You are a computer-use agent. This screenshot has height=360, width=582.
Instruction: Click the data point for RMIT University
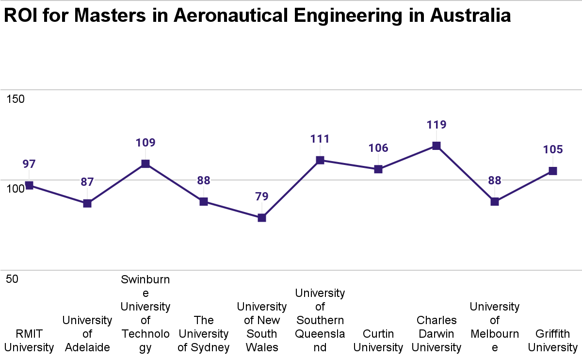[x=29, y=185]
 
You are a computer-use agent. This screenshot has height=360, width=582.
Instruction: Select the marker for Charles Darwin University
[x=436, y=146]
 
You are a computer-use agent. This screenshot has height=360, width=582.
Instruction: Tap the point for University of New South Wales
[x=262, y=218]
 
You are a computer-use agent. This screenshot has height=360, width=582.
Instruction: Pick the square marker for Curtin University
[x=378, y=169]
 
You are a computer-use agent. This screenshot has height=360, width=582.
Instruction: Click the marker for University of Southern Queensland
[x=320, y=160]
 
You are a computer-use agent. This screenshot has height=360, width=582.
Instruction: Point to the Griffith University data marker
[x=552, y=171]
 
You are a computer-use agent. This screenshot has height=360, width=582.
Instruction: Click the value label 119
[x=436, y=125]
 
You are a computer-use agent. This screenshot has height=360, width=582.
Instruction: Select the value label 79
[x=262, y=197]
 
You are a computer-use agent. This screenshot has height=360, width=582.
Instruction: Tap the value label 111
[x=320, y=139]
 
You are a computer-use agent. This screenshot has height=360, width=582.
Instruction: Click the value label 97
[x=29, y=164]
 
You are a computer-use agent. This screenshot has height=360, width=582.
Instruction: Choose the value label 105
[x=552, y=149]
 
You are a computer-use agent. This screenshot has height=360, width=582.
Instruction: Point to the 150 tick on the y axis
[x=15, y=99]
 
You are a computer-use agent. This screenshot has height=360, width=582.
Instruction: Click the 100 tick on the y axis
[x=15, y=189]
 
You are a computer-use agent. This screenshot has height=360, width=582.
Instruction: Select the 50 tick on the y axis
[x=13, y=279]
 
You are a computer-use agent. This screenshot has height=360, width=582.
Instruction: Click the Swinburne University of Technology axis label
[x=145, y=313]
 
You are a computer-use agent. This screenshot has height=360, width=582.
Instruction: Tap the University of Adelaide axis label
[x=87, y=334]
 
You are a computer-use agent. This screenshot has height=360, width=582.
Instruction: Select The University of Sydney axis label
[x=204, y=334]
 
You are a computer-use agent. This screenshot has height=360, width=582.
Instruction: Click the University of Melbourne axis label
[x=495, y=327]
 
